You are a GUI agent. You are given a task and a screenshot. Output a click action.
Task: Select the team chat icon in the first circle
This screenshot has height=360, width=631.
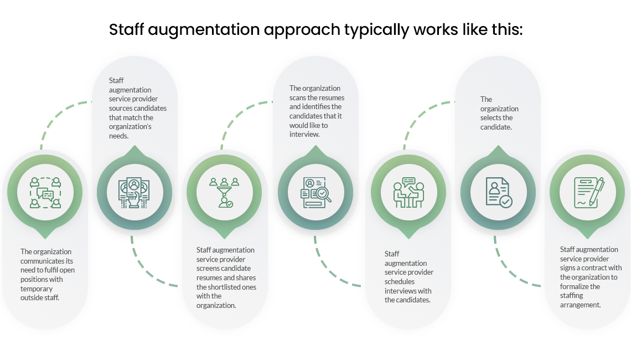(45, 192)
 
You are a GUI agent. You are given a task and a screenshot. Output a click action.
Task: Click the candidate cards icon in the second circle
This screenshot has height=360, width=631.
(133, 192)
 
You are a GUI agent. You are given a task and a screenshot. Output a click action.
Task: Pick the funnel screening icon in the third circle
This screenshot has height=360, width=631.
(224, 192)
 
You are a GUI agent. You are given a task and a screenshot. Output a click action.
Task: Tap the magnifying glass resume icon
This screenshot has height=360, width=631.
(315, 192)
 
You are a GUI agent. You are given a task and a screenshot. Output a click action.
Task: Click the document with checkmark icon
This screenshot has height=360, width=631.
(498, 192)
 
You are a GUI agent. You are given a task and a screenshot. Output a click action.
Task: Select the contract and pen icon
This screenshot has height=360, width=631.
(588, 192)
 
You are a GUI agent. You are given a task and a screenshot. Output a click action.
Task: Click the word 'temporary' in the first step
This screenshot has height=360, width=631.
(37, 289)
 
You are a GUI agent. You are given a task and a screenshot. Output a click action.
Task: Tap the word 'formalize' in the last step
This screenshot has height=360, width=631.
(575, 286)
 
